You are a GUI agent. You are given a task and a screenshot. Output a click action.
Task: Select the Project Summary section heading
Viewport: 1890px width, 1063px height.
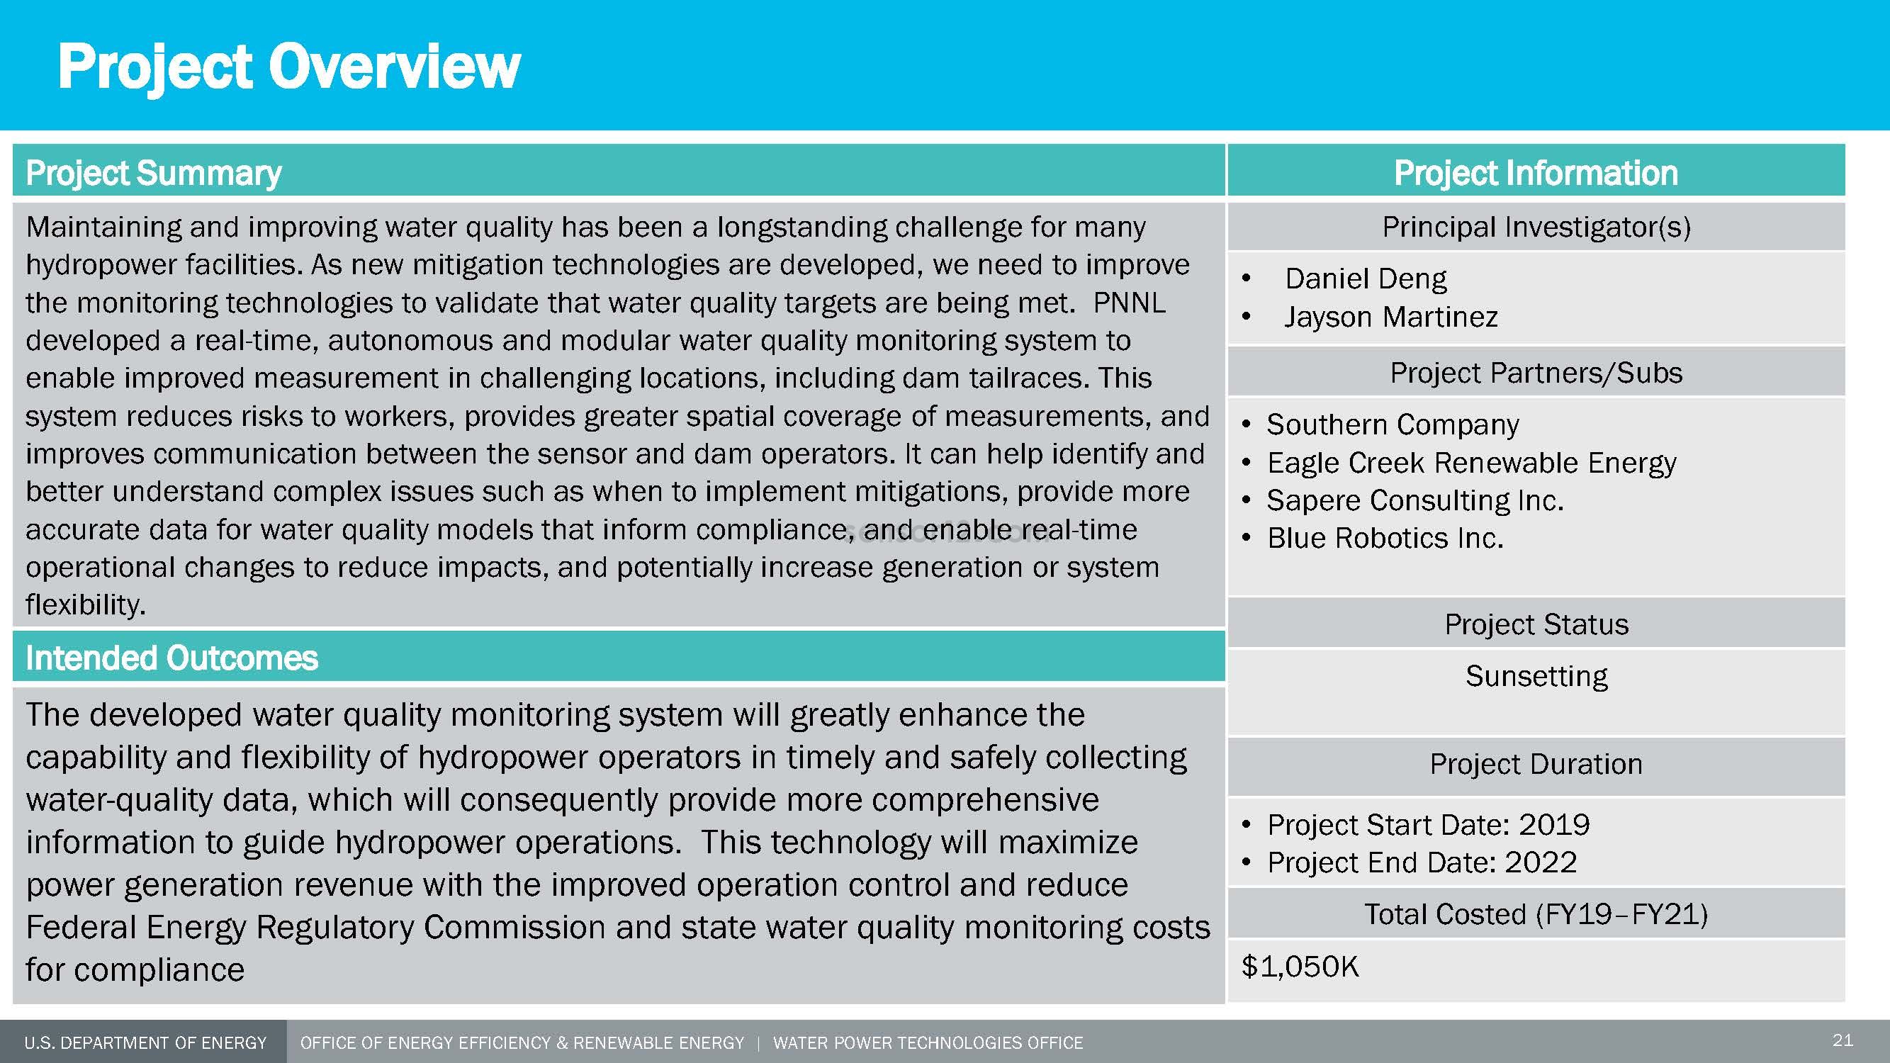(153, 173)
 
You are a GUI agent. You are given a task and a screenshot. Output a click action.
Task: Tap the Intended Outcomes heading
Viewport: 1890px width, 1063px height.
(171, 658)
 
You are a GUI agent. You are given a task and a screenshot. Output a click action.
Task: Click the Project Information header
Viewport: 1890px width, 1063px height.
(1536, 173)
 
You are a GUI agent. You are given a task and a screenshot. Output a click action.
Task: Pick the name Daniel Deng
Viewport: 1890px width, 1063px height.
(1366, 279)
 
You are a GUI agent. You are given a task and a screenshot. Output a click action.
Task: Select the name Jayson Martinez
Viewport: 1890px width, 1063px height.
(1390, 317)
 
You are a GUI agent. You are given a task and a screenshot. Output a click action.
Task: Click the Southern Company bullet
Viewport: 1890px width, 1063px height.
(1393, 424)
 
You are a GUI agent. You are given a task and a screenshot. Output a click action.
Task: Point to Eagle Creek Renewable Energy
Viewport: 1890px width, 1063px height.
(1471, 463)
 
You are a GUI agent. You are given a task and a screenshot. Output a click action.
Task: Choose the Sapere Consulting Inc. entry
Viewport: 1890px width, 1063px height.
(1414, 500)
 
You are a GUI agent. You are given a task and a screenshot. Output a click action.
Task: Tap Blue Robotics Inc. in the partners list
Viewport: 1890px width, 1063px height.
(1385, 539)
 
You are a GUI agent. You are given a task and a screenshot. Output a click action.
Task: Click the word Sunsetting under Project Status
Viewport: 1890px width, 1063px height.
(1536, 675)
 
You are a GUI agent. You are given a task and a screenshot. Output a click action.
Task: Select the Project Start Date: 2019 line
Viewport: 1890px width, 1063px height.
(1428, 825)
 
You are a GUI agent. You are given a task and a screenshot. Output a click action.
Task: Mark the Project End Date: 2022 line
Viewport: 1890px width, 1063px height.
(1422, 862)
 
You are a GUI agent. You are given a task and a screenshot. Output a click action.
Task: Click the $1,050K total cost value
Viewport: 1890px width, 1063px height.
(1300, 967)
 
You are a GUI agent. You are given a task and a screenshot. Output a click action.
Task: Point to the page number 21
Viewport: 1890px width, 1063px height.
(1843, 1040)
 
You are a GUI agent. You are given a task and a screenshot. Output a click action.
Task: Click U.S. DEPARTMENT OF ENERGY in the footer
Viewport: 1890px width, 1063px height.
(145, 1043)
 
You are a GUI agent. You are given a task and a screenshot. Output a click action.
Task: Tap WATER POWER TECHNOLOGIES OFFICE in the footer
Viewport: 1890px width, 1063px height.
(928, 1043)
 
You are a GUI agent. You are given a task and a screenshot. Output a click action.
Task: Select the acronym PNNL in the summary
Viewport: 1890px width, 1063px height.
(1129, 303)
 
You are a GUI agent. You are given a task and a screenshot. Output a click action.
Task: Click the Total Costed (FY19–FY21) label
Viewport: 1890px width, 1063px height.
(1536, 915)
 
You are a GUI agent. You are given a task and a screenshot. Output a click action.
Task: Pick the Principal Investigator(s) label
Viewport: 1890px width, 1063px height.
(1536, 227)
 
